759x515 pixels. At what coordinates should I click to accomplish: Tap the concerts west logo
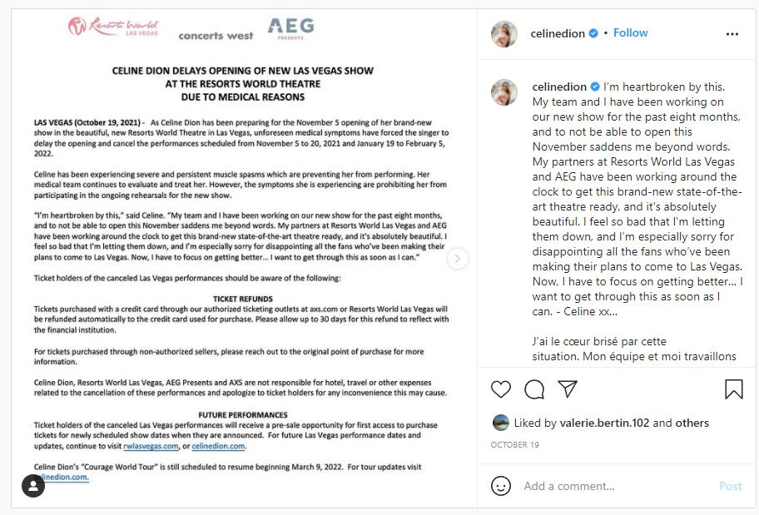coord(216,36)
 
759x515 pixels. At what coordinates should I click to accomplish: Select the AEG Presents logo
coord(290,28)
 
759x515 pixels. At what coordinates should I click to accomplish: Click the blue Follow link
coord(631,32)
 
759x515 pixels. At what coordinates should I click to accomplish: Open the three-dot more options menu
coord(732,34)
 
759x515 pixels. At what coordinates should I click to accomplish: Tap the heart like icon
coord(501,389)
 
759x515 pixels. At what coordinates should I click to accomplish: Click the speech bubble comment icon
coord(534,389)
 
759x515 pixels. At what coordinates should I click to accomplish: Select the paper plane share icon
coord(568,389)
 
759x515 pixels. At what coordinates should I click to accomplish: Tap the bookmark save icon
coord(733,389)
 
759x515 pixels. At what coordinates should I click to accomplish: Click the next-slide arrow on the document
coord(458,259)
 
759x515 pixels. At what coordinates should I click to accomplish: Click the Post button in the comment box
coord(730,486)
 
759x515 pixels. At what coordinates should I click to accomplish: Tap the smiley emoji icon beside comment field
coord(501,486)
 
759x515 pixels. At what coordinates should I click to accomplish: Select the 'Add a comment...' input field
coord(616,486)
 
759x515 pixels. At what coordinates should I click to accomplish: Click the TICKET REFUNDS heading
coord(242,298)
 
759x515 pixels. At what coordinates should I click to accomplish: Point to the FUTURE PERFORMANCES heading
coord(242,414)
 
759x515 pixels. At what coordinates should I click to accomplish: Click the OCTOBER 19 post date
coord(515,445)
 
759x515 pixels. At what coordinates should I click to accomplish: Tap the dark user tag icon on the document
coord(33,486)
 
